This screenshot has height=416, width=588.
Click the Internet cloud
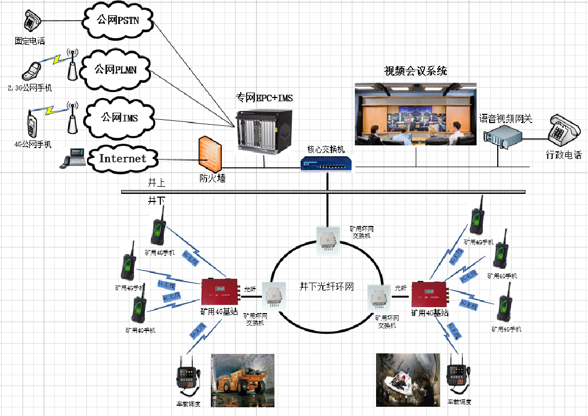click(122, 158)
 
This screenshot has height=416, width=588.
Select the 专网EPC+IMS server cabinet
click(264, 129)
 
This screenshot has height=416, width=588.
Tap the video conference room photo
click(416, 114)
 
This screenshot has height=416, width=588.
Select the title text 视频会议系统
click(416, 71)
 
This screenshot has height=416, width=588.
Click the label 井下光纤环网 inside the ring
click(327, 286)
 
